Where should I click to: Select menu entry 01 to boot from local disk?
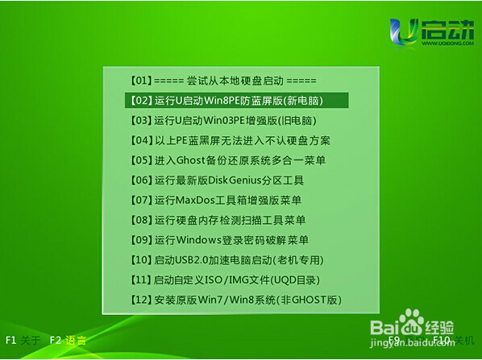tap(222, 81)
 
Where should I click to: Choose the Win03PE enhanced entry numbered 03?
tap(222, 121)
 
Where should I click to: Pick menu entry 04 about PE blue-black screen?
tap(230, 140)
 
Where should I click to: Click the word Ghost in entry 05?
tap(190, 160)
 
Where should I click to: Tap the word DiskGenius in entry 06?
tap(231, 180)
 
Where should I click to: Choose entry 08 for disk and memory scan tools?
tap(218, 220)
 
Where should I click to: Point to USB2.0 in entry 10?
tap(192, 260)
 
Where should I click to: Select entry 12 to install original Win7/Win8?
tap(236, 300)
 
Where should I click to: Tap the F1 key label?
tap(11, 341)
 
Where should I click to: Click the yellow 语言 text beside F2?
tap(76, 341)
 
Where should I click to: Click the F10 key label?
tap(442, 340)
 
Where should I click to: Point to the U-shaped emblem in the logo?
tap(404, 32)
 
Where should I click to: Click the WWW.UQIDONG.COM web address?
tap(447, 43)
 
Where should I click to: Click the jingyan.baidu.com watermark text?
tap(412, 341)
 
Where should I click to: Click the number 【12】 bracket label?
tap(141, 300)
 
